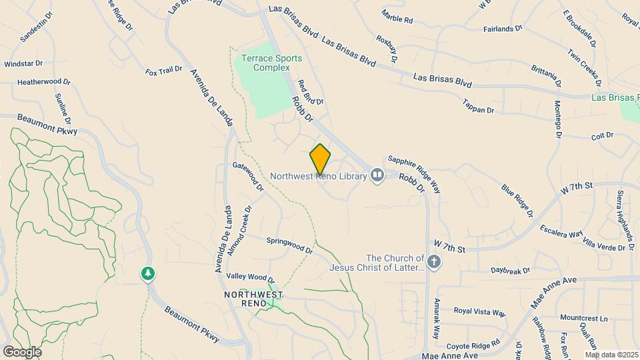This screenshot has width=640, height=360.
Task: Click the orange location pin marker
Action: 320,159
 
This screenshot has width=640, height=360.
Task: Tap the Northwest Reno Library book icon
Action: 377,176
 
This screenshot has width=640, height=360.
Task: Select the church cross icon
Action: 434,261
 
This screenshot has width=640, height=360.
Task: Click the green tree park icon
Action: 147,273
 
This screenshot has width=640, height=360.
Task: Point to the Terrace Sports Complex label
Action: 265,63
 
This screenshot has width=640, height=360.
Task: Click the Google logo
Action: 21,351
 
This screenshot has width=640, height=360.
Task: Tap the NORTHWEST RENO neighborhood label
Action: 253,299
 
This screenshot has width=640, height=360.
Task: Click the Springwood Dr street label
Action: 289,245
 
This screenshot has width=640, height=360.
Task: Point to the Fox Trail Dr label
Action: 164,69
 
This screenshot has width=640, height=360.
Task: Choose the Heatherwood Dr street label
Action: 44,82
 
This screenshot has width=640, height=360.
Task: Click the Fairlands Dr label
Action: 503,29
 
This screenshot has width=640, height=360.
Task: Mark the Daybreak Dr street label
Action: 510,271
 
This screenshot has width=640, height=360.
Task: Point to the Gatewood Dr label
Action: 248,177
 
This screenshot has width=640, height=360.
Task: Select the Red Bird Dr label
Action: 311,93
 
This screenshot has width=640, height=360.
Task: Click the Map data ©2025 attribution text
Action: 611,355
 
